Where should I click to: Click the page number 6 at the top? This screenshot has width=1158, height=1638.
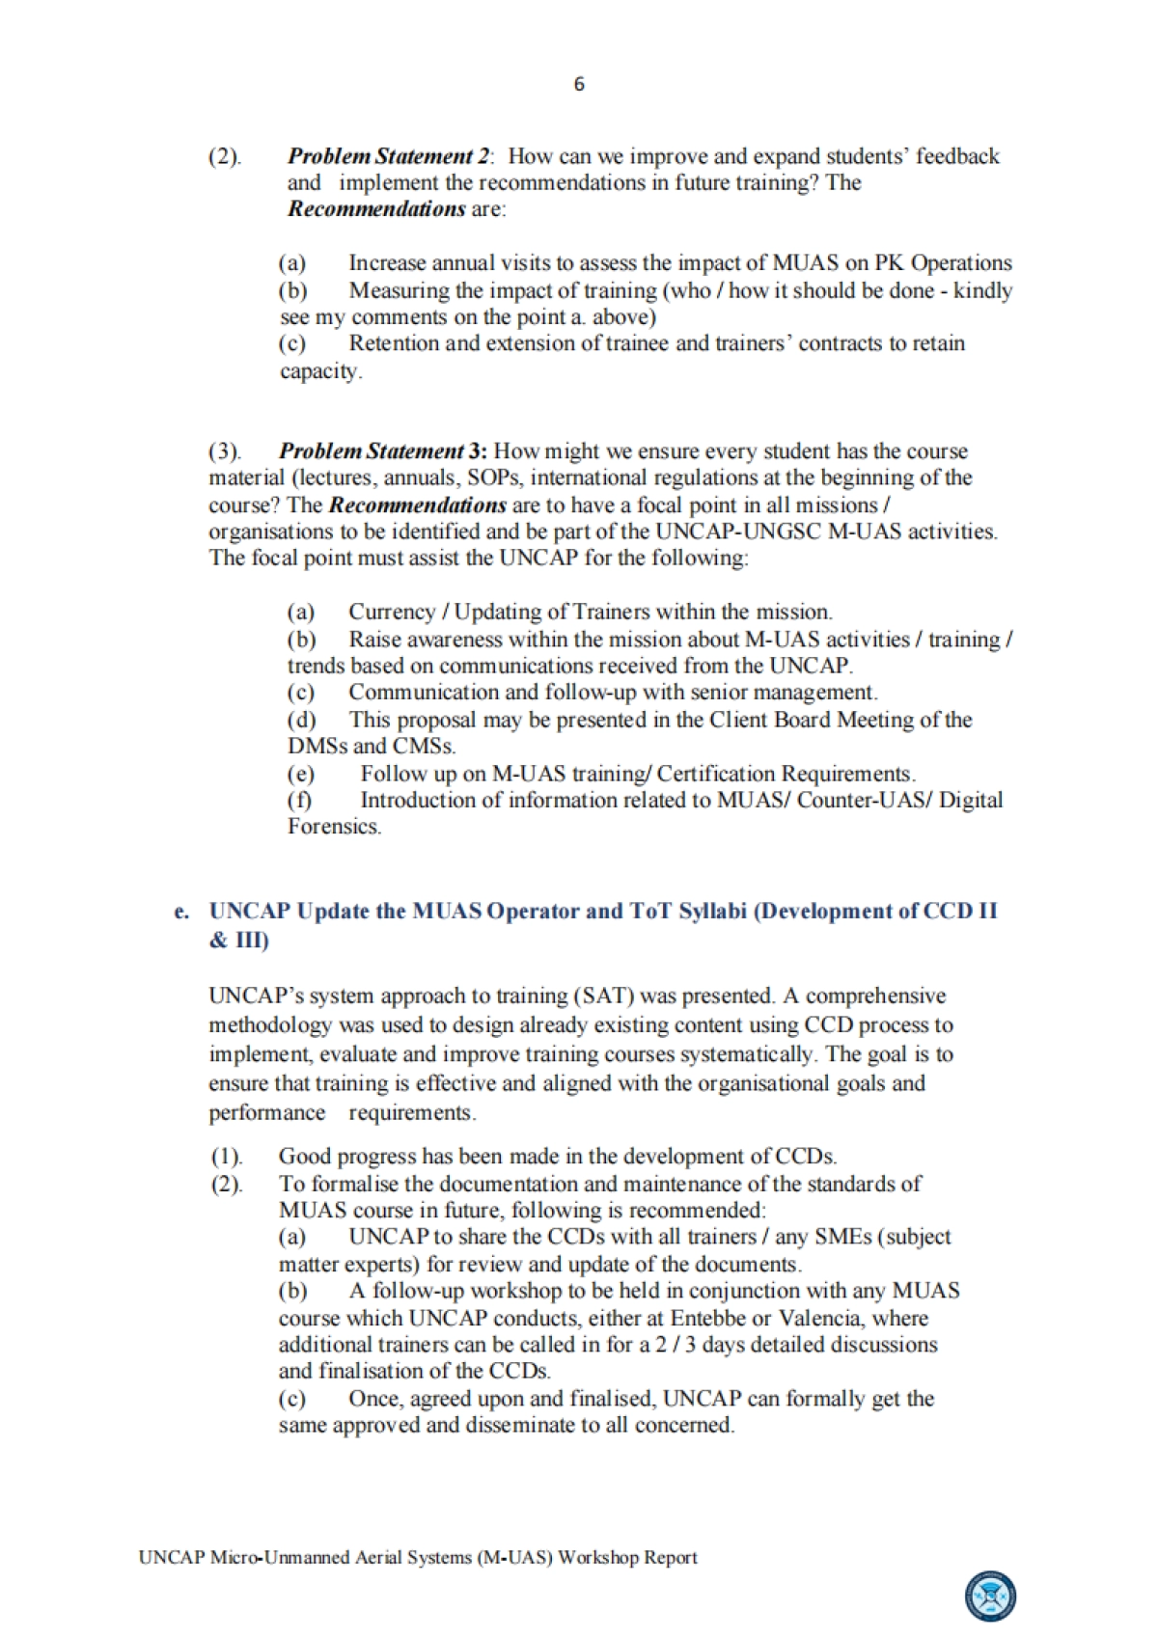(579, 85)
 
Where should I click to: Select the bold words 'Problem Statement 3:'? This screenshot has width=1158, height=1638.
(383, 451)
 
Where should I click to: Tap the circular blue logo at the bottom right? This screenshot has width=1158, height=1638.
(990, 1597)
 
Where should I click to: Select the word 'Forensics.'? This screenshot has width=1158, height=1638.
(334, 827)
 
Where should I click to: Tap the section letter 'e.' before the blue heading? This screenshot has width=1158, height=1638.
(181, 912)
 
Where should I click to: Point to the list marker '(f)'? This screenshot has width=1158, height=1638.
(300, 800)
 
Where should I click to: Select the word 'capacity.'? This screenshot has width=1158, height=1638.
(321, 371)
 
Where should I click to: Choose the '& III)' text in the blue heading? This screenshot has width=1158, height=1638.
(238, 940)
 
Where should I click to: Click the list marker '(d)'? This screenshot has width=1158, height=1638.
(301, 720)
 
